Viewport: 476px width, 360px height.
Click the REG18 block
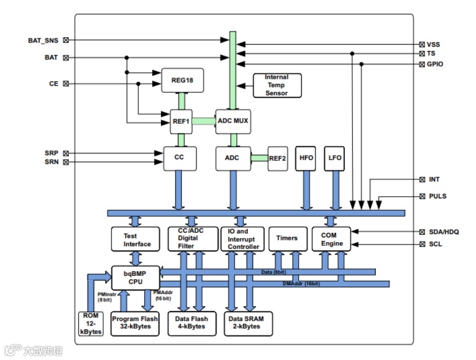(182, 80)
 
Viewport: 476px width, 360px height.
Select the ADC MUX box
(233, 121)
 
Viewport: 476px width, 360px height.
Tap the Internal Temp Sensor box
(276, 85)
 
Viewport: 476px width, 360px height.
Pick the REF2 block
(278, 158)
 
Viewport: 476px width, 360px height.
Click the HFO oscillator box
(306, 158)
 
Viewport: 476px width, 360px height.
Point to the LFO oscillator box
(335, 158)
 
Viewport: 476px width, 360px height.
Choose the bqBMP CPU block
(135, 277)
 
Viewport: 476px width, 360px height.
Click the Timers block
(286, 238)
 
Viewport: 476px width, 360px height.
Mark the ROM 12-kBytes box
(90, 323)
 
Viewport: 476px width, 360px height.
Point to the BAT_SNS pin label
(43, 40)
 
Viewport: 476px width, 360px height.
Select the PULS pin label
(437, 196)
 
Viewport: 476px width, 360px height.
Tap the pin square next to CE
(65, 83)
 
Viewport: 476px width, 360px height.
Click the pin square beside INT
(422, 180)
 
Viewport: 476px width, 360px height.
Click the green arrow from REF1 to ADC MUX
(204, 121)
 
